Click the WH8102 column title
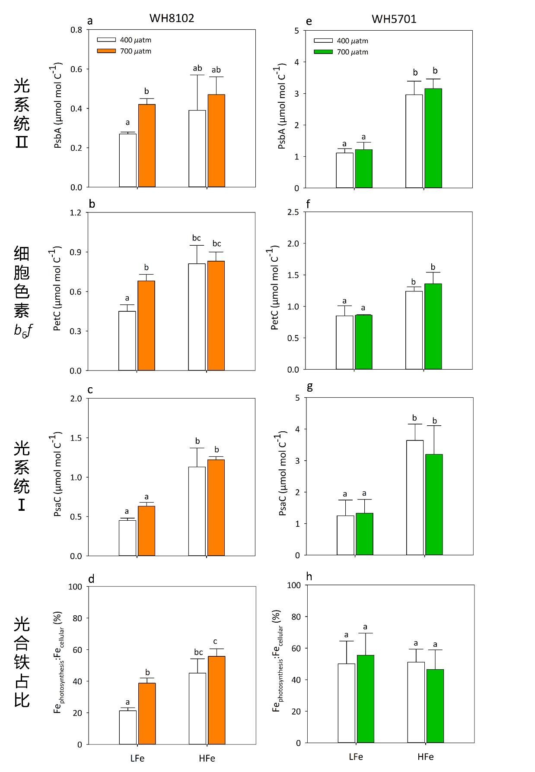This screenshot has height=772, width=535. [172, 18]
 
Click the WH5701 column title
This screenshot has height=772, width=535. [394, 19]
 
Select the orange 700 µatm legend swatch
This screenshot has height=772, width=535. [106, 51]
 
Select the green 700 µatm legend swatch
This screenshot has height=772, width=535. [323, 52]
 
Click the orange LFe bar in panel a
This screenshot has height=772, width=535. [146, 146]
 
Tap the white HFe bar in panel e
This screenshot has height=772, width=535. [414, 141]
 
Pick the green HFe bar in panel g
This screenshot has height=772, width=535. [434, 504]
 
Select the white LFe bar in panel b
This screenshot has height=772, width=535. [127, 341]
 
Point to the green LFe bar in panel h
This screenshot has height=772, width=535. [365, 699]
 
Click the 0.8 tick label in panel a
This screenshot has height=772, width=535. [76, 30]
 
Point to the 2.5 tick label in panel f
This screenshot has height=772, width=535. [293, 212]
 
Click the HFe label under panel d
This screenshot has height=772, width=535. [207, 758]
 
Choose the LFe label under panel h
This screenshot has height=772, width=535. [356, 756]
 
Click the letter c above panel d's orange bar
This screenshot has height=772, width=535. [215, 641]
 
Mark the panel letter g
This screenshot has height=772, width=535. [309, 386]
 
